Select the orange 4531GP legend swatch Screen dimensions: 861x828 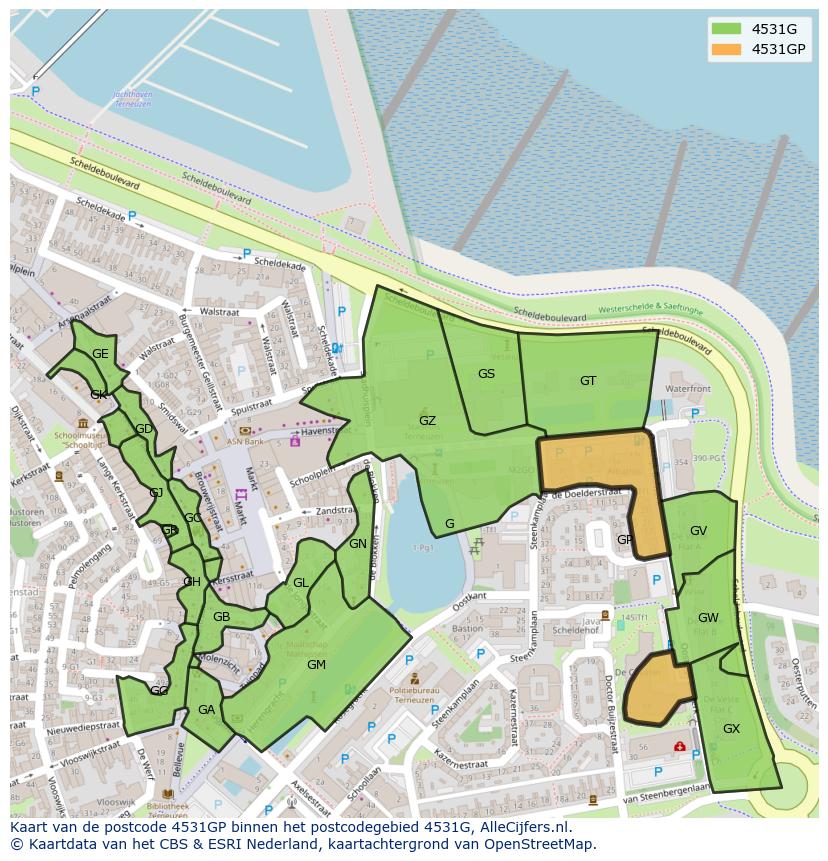point(726,49)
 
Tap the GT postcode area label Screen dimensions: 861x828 point(588,380)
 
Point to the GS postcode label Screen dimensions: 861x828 point(486,374)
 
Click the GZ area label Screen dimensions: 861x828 point(427,421)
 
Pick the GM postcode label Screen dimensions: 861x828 point(316,665)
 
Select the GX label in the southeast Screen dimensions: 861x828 point(731,729)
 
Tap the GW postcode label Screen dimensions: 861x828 point(708,618)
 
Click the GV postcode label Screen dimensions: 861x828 point(698,531)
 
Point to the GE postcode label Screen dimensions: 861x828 point(100,354)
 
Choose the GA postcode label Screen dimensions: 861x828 point(206,710)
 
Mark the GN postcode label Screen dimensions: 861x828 point(357,544)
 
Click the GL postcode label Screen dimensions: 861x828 point(300,583)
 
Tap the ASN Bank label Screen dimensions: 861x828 point(246,441)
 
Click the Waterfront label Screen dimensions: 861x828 point(687,388)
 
